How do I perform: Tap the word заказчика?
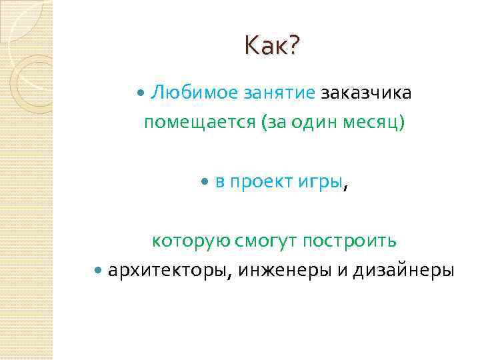pyautogui.click(x=366, y=93)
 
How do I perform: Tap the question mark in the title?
pyautogui.click(x=294, y=46)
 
